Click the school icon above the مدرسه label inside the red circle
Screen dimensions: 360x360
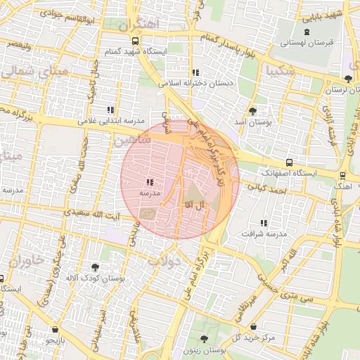pyautogui.click(x=150, y=183)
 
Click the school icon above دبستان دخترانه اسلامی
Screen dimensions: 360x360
pyautogui.click(x=195, y=72)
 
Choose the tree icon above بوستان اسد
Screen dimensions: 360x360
pyautogui.click(x=252, y=111)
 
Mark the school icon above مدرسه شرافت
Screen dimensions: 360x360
pyautogui.click(x=264, y=223)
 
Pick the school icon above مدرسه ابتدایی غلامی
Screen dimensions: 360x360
pyautogui.click(x=110, y=110)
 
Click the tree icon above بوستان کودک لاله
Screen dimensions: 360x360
pyautogui.click(x=95, y=267)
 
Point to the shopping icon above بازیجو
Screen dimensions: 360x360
pyautogui.click(x=56, y=329)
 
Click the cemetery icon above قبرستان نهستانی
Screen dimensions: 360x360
pyautogui.click(x=306, y=32)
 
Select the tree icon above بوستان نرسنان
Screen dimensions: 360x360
pyautogui.click(x=349, y=78)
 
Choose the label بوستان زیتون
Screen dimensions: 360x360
pyautogui.click(x=202, y=349)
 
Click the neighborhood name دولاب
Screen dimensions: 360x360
pyautogui.click(x=165, y=261)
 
